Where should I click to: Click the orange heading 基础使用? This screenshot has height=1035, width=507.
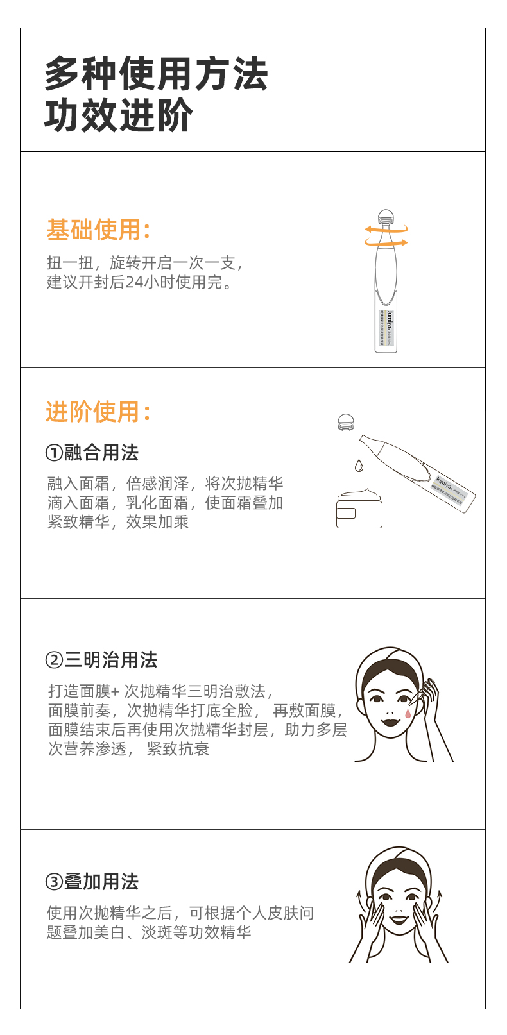click(98, 230)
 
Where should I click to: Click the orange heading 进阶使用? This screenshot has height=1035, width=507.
click(98, 411)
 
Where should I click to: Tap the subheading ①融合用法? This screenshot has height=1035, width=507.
click(92, 453)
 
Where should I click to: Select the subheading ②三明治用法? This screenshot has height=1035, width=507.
click(101, 660)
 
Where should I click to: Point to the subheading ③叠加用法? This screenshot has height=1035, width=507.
click(92, 882)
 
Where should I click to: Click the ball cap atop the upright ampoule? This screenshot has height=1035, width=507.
click(385, 216)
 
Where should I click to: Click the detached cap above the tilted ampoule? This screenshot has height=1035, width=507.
click(347, 422)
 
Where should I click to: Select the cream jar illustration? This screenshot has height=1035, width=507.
click(359, 509)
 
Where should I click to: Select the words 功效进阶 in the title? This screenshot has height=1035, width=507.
click(119, 115)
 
